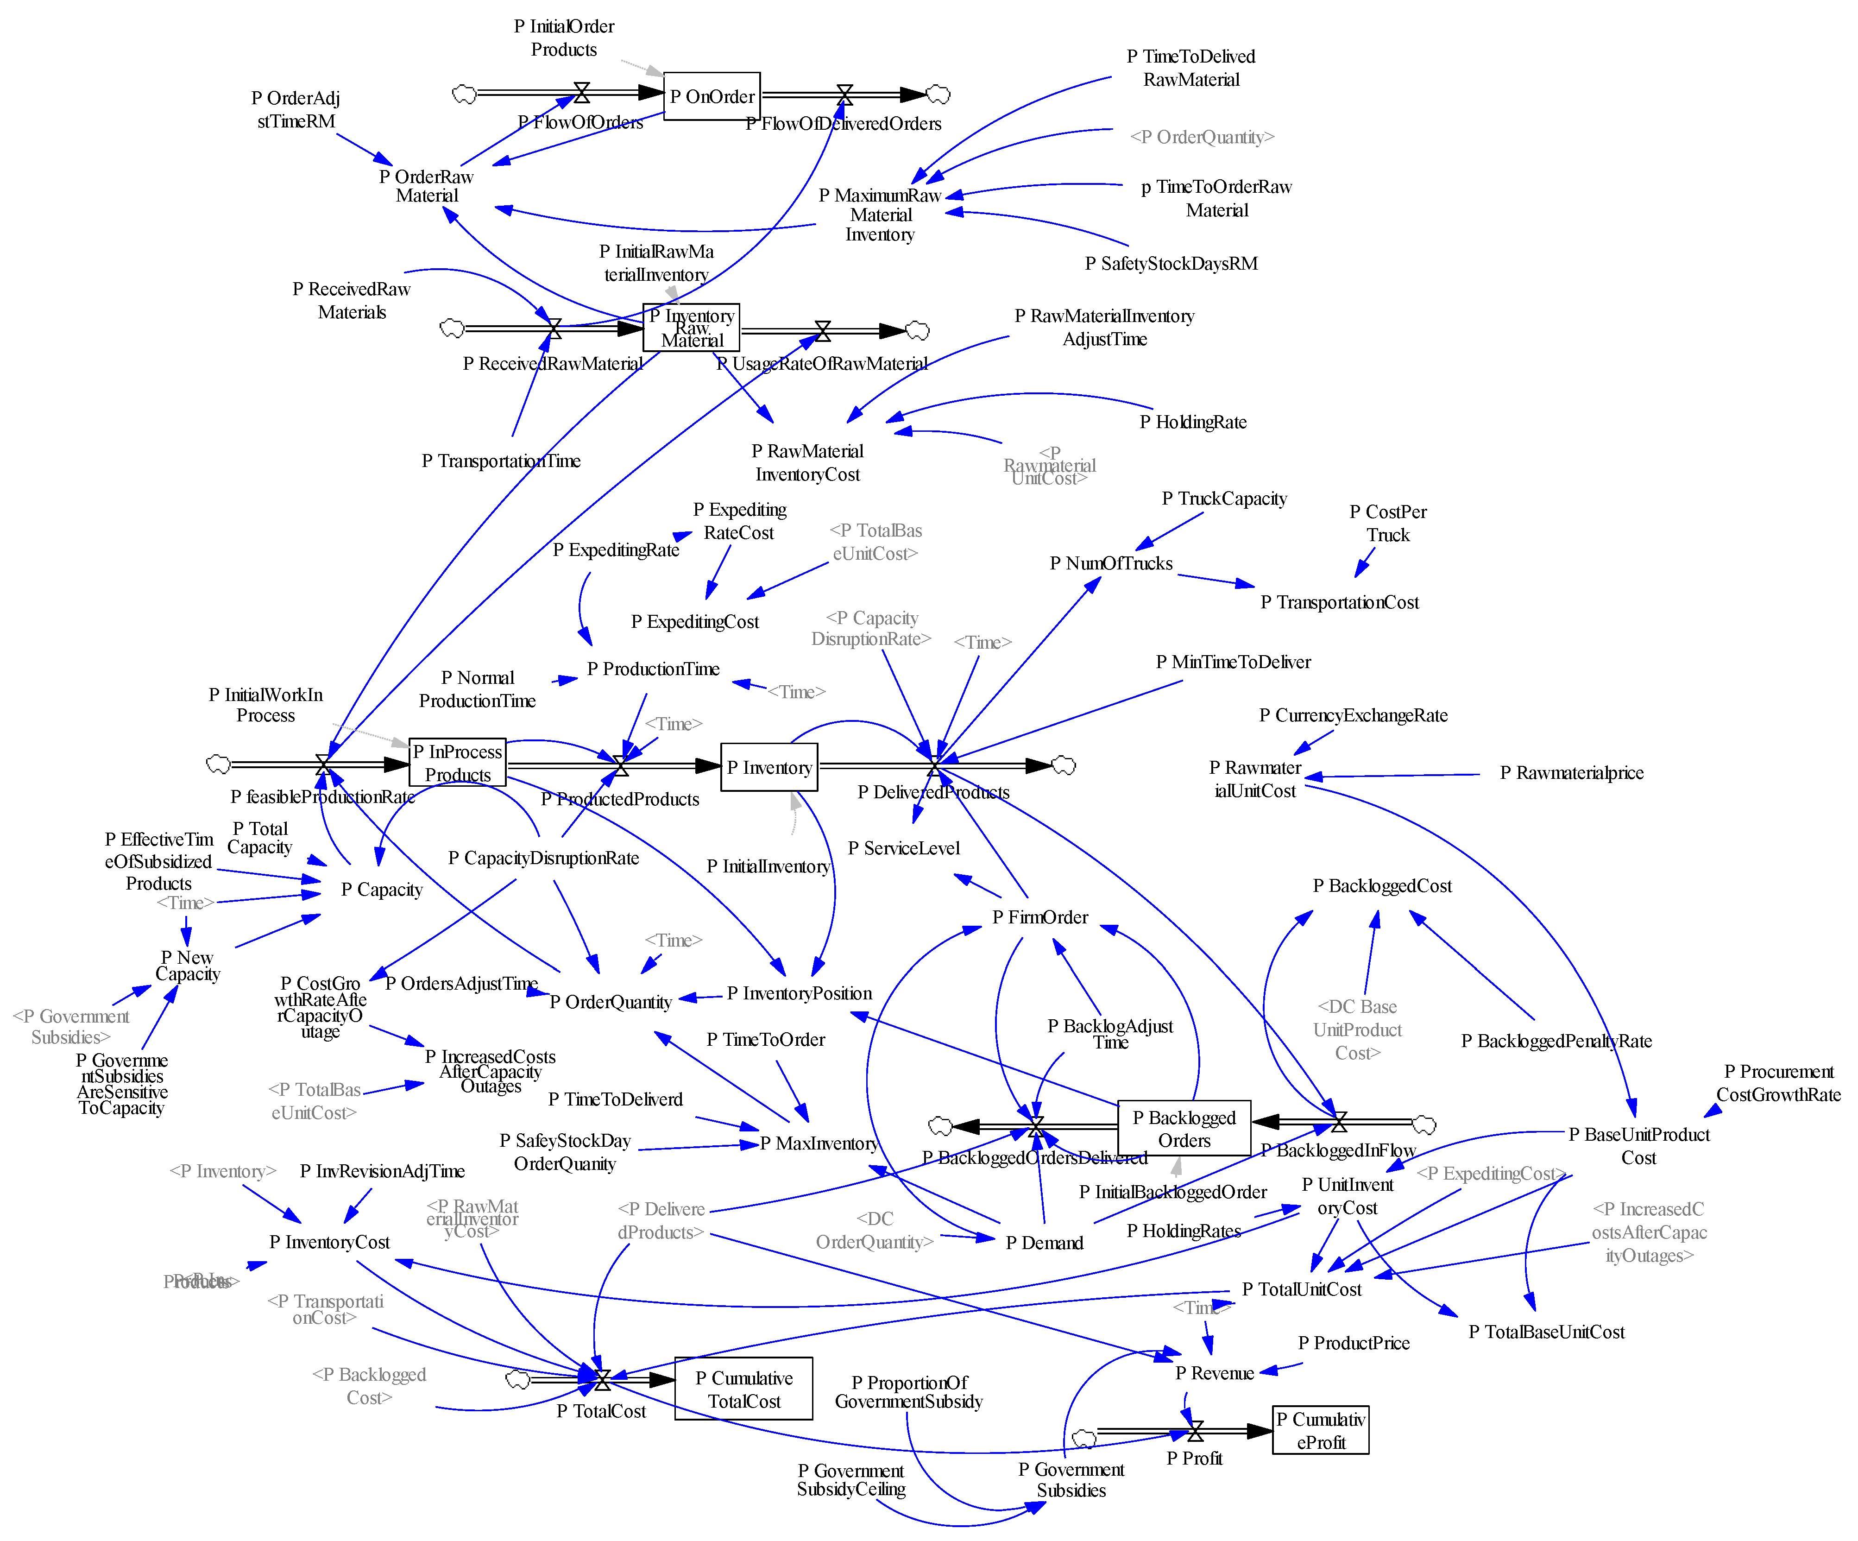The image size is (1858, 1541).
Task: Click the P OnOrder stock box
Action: click(x=712, y=95)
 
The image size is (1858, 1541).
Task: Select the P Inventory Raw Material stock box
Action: click(x=691, y=328)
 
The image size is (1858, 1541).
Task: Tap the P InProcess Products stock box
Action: click(x=457, y=762)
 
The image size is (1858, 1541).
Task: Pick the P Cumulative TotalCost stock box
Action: click(x=743, y=1389)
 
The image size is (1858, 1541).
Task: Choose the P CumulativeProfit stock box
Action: click(x=1320, y=1429)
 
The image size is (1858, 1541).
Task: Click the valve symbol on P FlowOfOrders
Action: click(x=581, y=92)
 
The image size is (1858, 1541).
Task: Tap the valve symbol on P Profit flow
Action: click(x=1195, y=1430)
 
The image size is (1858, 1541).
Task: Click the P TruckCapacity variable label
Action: click(x=1224, y=499)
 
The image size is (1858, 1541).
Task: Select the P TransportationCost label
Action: click(x=1340, y=602)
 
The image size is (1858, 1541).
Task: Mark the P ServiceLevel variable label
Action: click(x=903, y=848)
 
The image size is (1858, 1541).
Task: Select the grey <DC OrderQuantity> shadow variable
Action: click(x=874, y=1230)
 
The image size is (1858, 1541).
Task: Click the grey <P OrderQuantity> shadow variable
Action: click(x=1202, y=136)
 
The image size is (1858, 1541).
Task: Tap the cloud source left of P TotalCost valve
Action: click(x=517, y=1379)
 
